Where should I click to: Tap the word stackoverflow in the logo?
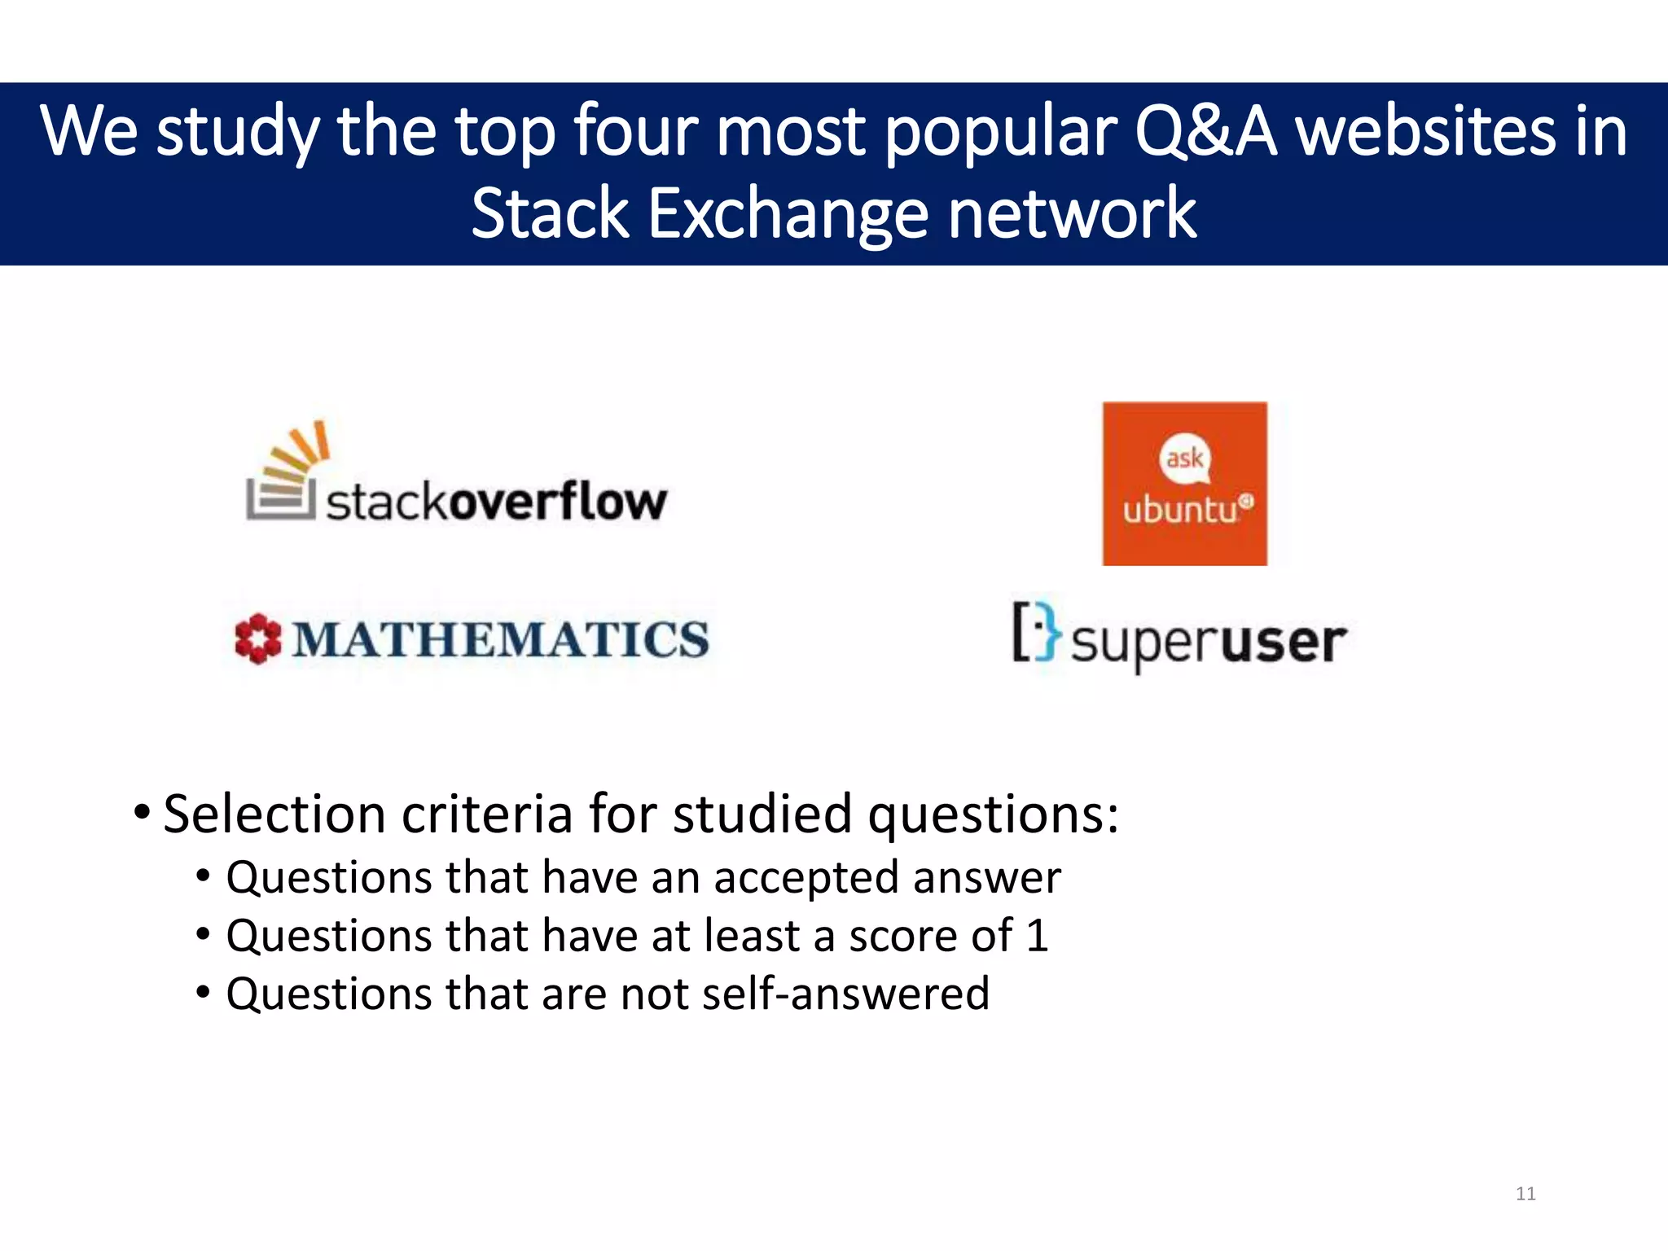click(x=497, y=501)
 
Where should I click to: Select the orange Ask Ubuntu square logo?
click(x=1184, y=483)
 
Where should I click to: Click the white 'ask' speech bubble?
click(x=1184, y=458)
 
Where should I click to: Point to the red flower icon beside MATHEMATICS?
click(x=257, y=639)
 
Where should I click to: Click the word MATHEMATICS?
click(x=501, y=639)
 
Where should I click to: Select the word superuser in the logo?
click(x=1208, y=643)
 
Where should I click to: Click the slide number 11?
click(x=1525, y=1194)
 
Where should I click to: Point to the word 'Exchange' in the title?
click(x=788, y=213)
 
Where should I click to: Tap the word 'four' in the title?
click(x=635, y=132)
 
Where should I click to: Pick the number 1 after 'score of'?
click(x=1037, y=936)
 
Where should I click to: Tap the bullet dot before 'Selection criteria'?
click(x=142, y=812)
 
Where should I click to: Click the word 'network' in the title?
click(x=1072, y=213)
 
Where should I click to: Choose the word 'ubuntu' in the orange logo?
click(x=1180, y=511)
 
